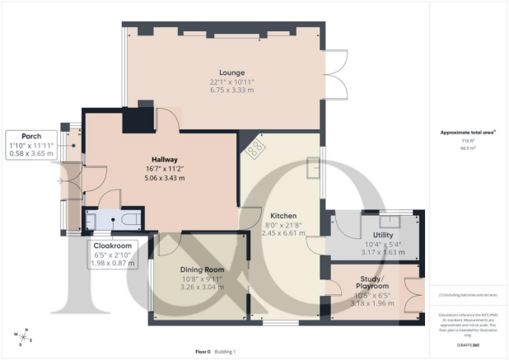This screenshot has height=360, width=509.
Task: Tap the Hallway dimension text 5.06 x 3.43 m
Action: [164, 178]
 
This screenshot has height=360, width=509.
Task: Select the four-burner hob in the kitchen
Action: [254, 149]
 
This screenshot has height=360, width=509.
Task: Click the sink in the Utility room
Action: [387, 221]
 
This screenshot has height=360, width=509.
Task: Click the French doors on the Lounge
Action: [334, 72]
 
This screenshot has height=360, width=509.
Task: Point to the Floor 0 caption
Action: [203, 352]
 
